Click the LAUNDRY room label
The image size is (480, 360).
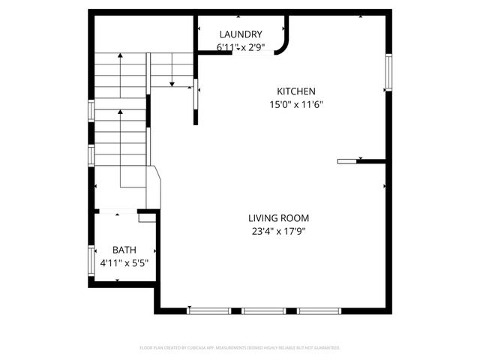[240, 34]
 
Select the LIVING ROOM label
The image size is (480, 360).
[278, 218]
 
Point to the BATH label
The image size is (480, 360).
[124, 250]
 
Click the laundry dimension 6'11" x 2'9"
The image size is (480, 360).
[240, 47]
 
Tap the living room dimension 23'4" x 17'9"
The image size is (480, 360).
[278, 232]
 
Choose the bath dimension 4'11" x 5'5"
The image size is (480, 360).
[124, 263]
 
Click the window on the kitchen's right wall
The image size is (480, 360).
[388, 72]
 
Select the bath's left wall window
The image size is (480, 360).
[91, 258]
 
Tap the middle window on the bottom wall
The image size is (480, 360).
[263, 310]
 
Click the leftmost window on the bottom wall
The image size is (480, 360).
[208, 310]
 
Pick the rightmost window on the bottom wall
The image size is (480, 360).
[319, 310]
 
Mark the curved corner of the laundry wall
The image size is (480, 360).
[283, 46]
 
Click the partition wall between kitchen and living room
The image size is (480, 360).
[361, 160]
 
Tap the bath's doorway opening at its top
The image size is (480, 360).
[117, 213]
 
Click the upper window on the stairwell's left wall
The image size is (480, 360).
[91, 110]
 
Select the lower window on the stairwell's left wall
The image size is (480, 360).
[91, 154]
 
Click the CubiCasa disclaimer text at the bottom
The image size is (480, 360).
[240, 348]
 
